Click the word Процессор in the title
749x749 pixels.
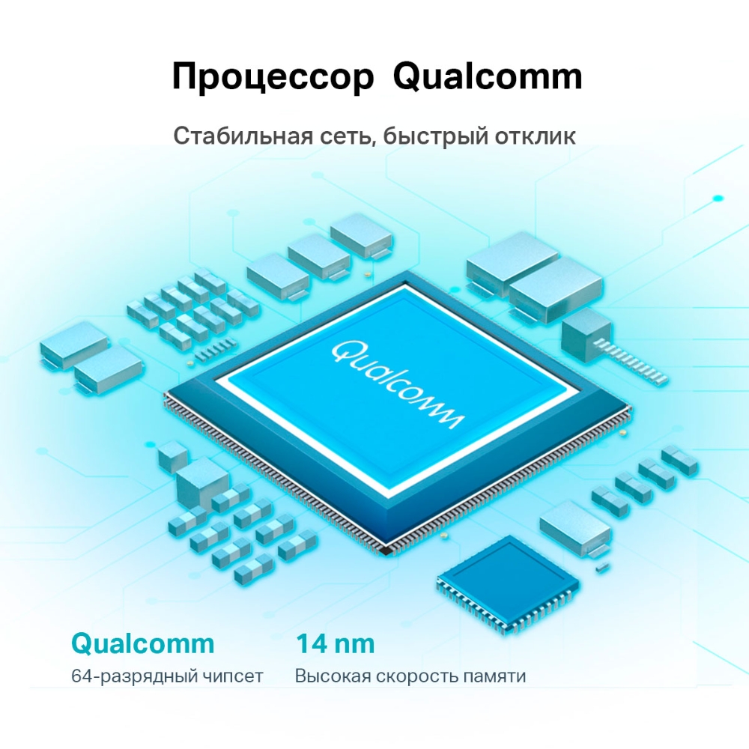273,77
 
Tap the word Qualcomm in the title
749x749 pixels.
488,77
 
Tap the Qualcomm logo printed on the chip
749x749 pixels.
398,384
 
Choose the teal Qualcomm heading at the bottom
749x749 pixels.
142,643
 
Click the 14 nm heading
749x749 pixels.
335,643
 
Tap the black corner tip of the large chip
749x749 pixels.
386,551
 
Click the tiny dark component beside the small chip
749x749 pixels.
599,570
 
